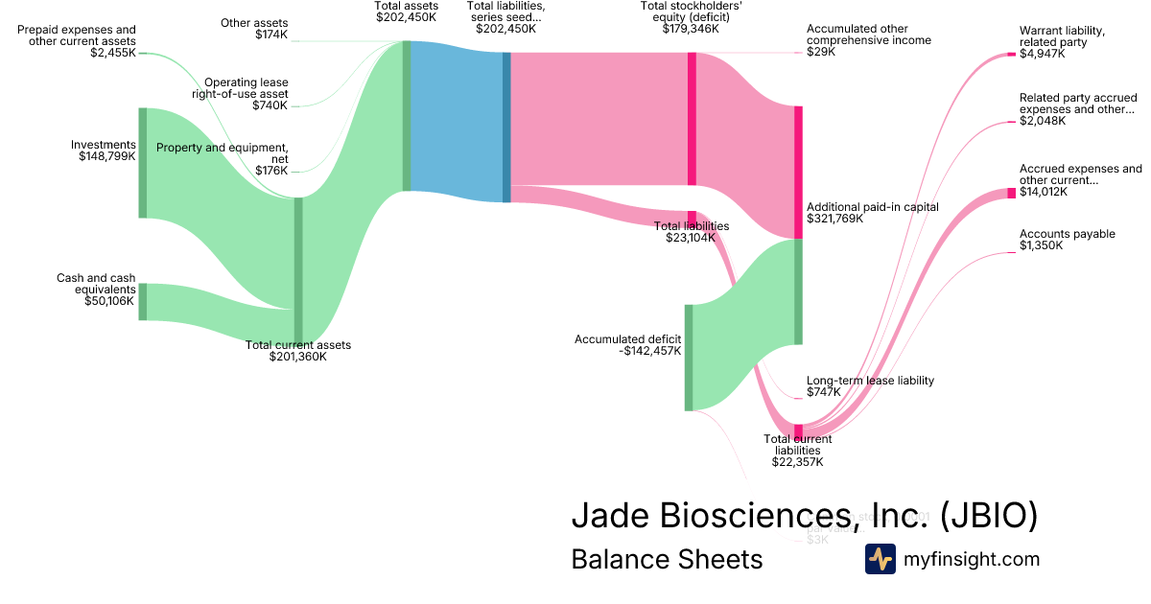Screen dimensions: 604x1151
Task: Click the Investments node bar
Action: coord(143,163)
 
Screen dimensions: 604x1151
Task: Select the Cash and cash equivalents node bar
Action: coord(143,301)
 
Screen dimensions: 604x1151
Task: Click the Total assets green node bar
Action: coord(407,116)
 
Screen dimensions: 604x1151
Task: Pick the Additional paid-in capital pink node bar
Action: coord(798,172)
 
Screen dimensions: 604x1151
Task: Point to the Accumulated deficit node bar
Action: coord(689,357)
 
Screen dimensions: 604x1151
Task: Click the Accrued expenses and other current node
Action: coord(1011,193)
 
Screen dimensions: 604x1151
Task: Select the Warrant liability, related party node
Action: coord(1011,55)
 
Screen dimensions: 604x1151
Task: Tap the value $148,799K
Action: coord(107,156)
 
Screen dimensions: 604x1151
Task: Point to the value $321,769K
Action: coord(835,219)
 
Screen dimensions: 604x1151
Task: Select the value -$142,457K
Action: coord(650,351)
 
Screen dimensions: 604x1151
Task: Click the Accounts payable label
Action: coord(1067,234)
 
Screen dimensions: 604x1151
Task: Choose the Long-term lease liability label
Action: coord(870,381)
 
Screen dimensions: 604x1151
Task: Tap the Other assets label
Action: coord(254,22)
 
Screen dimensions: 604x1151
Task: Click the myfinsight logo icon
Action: coord(880,559)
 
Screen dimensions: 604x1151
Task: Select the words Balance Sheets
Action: coord(667,559)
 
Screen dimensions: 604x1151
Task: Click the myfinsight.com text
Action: coord(971,559)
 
